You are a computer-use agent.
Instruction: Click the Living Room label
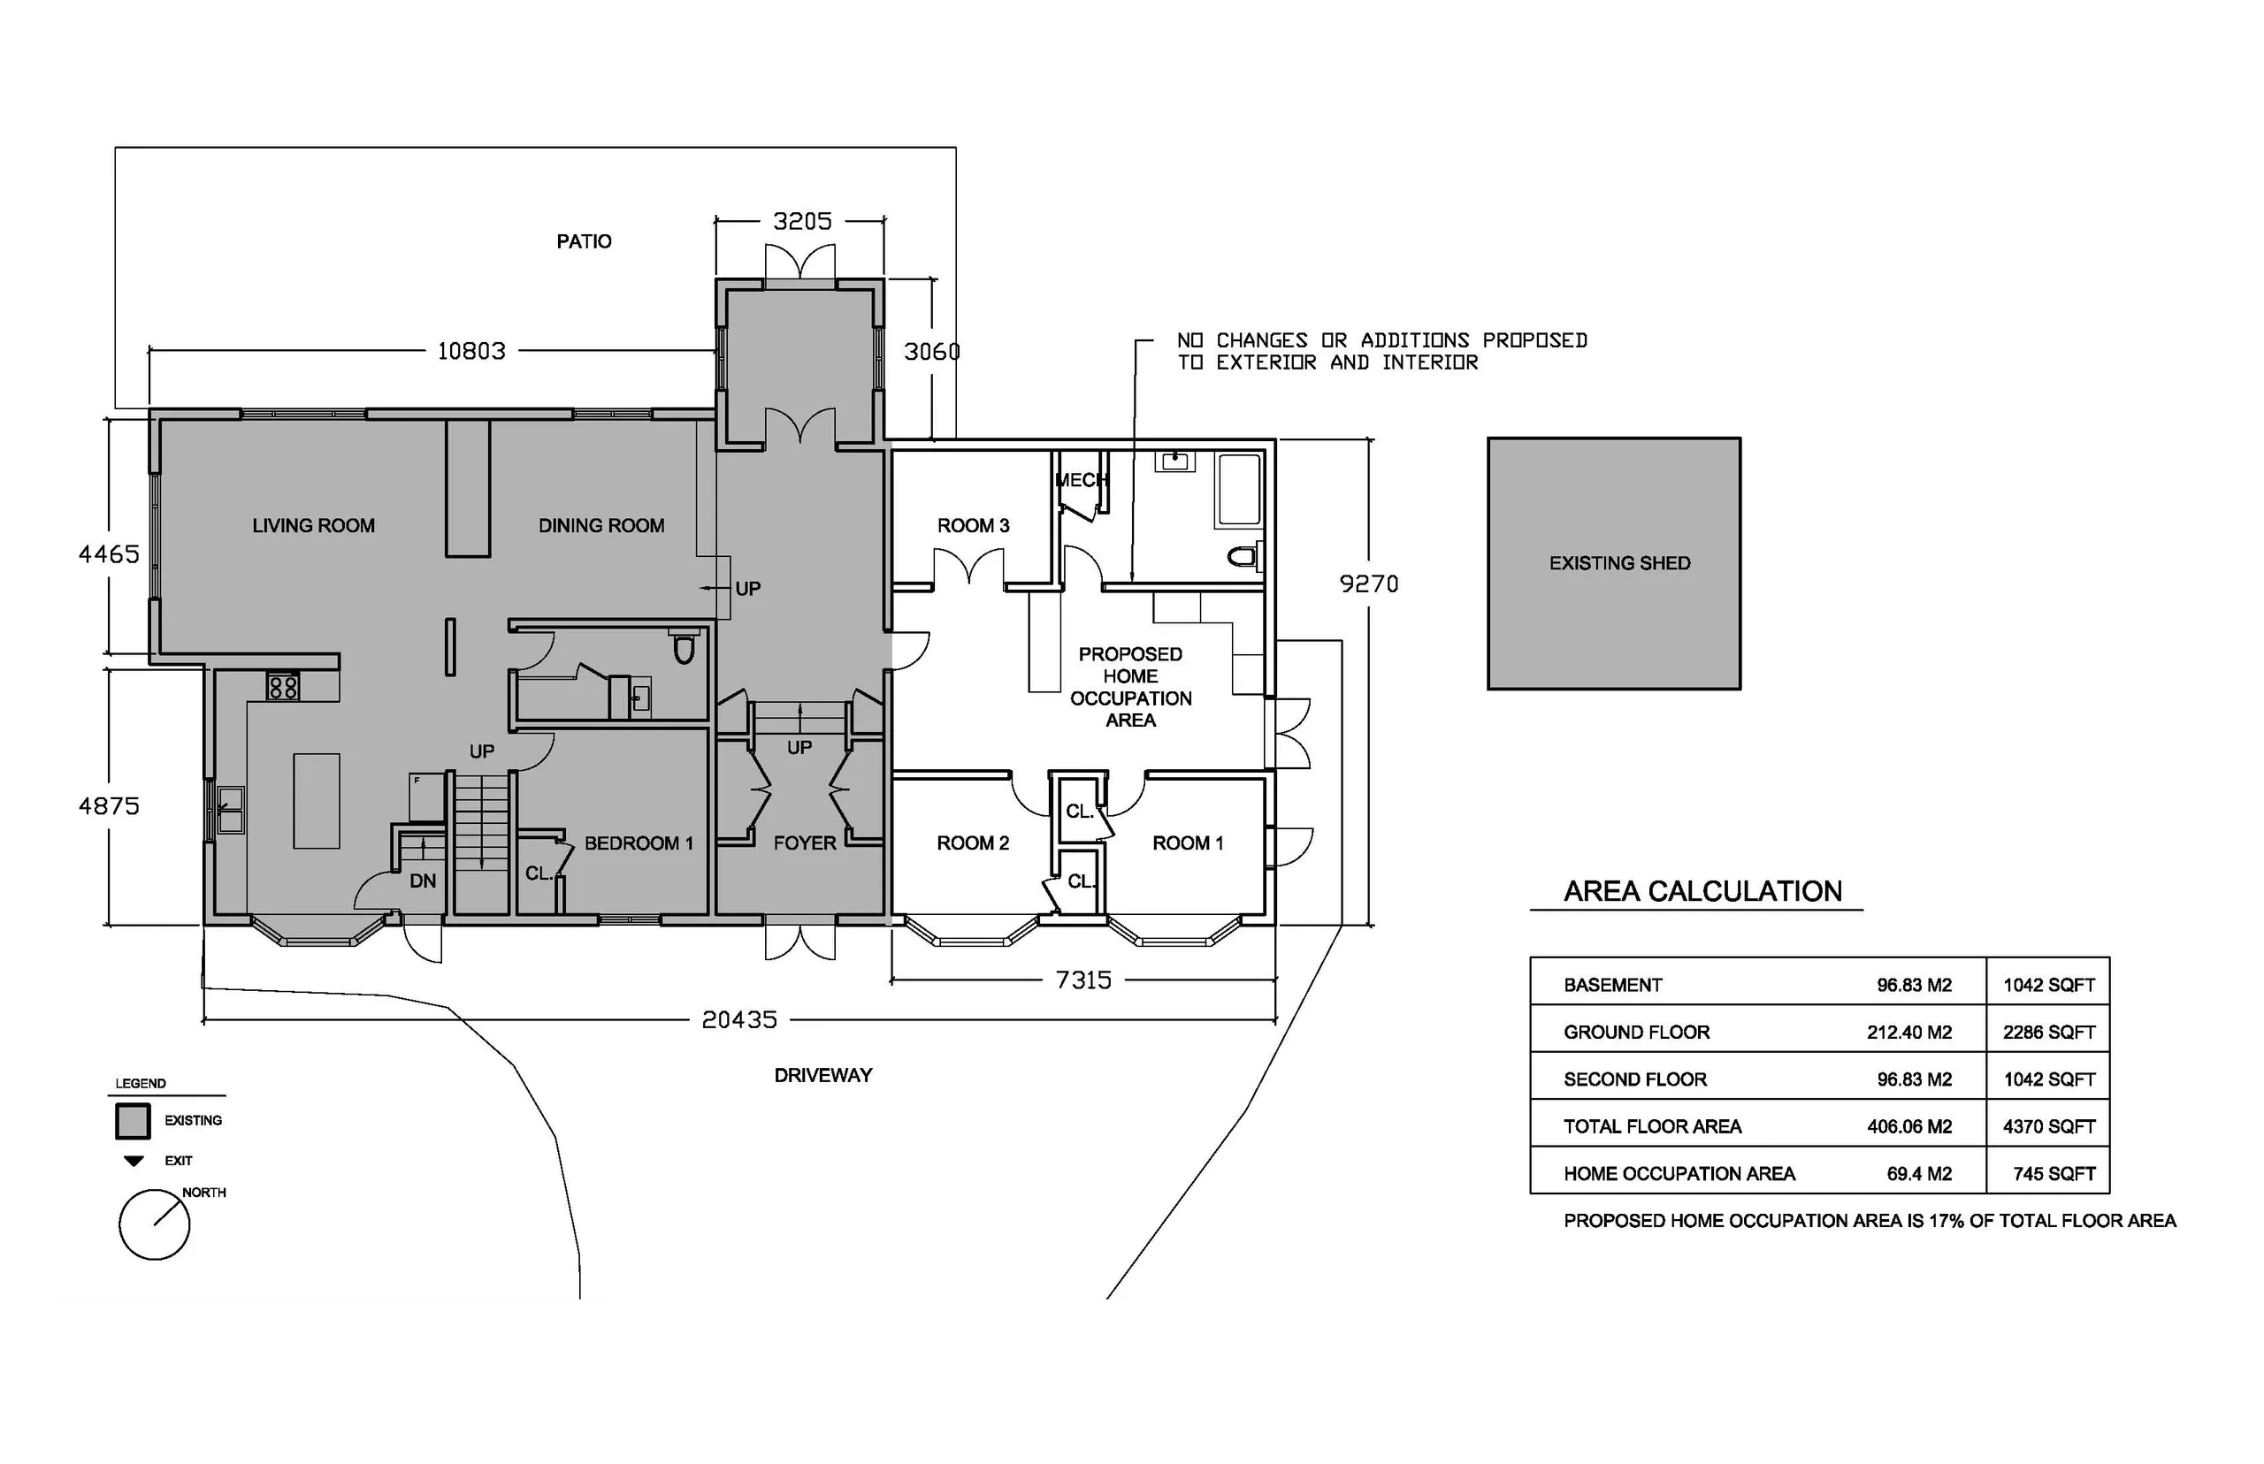[x=313, y=526]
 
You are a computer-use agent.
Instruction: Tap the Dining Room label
[x=601, y=526]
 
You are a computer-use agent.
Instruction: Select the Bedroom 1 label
[x=638, y=843]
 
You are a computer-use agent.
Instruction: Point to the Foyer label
[x=805, y=843]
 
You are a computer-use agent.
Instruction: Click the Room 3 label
[x=973, y=526]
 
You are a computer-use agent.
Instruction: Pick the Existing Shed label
[x=1619, y=563]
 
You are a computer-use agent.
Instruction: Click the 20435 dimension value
[x=738, y=1020]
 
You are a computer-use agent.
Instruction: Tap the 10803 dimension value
[x=470, y=351]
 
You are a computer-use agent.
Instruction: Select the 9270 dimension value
[x=1368, y=583]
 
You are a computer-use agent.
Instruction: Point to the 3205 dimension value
[x=801, y=222]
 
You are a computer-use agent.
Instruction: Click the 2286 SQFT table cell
[x=2049, y=1033]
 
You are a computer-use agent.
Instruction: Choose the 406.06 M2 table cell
[x=1909, y=1126]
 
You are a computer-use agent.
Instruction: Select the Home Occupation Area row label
[x=1679, y=1174]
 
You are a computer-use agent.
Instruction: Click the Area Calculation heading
[x=1703, y=891]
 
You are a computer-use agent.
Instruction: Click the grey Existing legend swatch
[x=134, y=1122]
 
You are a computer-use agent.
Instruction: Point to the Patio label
[x=584, y=241]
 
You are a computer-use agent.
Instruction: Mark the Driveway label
[x=822, y=1075]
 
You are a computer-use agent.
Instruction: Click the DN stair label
[x=423, y=881]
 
